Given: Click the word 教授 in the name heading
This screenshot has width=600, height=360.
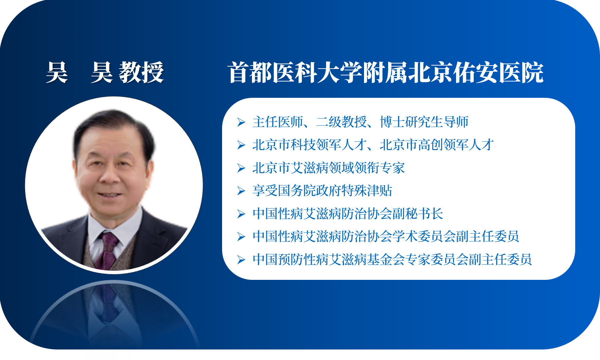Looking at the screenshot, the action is pos(142,72).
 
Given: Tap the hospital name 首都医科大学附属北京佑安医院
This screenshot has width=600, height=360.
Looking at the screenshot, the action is pos(386,72).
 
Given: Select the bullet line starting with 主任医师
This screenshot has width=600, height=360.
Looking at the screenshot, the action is pos(360,122).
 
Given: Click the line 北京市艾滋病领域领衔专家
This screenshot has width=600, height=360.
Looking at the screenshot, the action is pos(329,168).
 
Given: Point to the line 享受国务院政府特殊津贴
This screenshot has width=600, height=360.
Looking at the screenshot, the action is pos(322,191).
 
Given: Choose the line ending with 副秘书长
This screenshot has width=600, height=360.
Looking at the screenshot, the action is pos(348,214).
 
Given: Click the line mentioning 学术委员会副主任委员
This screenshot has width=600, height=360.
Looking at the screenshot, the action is pos(386,236).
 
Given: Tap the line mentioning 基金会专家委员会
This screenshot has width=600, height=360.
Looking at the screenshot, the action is pos(392,259).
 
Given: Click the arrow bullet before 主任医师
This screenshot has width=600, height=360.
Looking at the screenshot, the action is pos(241,122).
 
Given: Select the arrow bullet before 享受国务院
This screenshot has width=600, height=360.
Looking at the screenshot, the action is pos(241,191).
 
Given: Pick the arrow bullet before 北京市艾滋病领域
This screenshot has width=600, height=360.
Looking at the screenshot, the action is pos(241,168).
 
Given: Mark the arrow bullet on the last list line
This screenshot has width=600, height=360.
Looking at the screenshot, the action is pos(241,260).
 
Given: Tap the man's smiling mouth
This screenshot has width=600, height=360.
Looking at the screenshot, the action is pos(109,195).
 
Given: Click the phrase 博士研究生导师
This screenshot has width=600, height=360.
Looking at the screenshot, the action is pos(424,122).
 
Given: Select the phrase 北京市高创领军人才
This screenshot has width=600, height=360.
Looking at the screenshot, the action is pos(437,145).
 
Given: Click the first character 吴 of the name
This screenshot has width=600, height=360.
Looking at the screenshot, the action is pos(57,72).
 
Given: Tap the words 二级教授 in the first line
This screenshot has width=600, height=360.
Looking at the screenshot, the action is pos(341,122).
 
